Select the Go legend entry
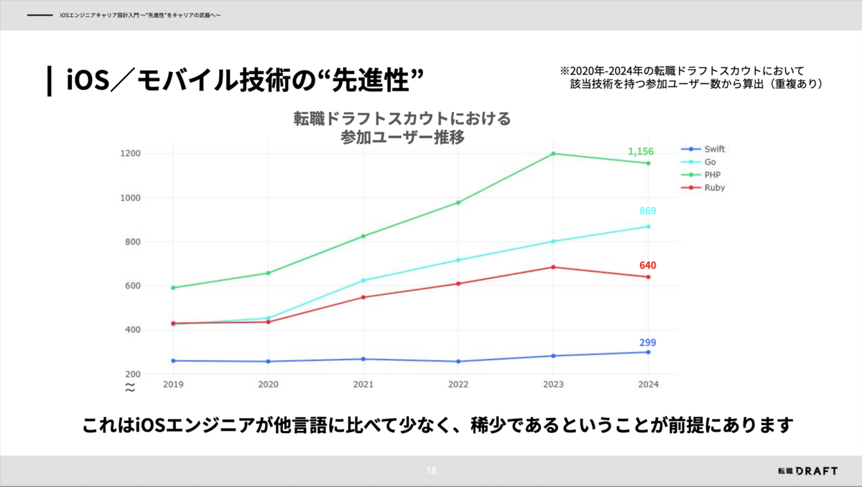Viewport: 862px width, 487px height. (x=710, y=162)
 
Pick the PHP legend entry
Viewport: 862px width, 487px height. (x=711, y=175)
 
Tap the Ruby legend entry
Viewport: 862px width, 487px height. (x=714, y=188)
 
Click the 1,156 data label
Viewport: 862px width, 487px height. (x=641, y=152)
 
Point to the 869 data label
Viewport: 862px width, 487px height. (x=648, y=211)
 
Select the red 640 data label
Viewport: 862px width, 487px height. (x=648, y=265)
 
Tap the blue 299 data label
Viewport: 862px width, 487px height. (x=648, y=342)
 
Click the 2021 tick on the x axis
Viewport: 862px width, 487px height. (x=363, y=385)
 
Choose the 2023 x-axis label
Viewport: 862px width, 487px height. (x=553, y=385)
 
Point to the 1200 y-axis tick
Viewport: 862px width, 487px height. (x=131, y=153)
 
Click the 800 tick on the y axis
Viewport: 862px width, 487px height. (x=133, y=242)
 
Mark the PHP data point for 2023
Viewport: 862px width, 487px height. (x=553, y=153)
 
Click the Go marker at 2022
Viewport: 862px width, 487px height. (x=458, y=260)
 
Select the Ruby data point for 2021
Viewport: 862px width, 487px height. (x=363, y=297)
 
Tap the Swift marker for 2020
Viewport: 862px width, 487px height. (x=268, y=361)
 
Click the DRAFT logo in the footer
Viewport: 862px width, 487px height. (x=807, y=470)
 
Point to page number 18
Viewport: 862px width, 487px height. (x=431, y=471)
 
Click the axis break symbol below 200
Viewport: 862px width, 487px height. (x=130, y=387)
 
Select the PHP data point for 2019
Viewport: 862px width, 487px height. (x=173, y=288)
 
